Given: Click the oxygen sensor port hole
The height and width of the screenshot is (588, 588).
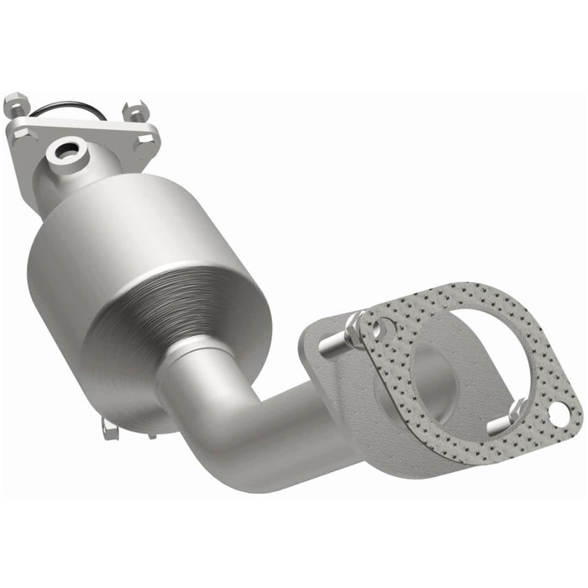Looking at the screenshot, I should pos(64,152).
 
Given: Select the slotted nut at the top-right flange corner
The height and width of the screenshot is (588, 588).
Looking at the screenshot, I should pos(134,112).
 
